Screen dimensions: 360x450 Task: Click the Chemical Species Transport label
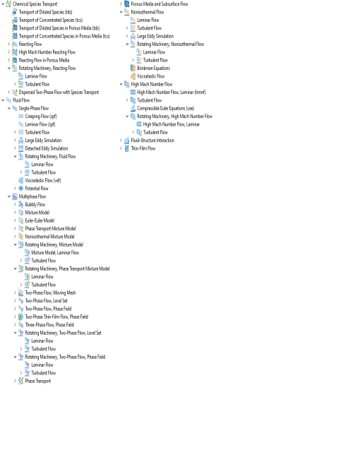click(x=35, y=4)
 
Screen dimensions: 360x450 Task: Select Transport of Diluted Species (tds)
click(x=45, y=12)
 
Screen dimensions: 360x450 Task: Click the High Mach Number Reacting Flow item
click(x=47, y=52)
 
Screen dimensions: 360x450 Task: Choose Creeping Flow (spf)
click(x=41, y=117)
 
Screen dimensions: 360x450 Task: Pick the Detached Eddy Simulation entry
click(x=47, y=148)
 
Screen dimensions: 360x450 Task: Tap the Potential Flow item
click(x=37, y=189)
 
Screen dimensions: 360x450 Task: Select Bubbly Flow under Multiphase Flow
click(x=35, y=205)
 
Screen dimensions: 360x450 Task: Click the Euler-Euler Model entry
click(x=40, y=220)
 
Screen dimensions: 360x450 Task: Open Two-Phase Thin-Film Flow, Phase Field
click(x=56, y=316)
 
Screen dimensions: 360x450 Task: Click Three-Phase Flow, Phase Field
click(x=49, y=325)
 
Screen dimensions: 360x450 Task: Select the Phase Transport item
click(x=38, y=381)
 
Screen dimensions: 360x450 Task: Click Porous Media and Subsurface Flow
click(x=160, y=4)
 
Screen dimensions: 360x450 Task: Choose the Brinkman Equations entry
click(x=153, y=69)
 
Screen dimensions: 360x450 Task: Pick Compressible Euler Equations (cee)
click(x=165, y=108)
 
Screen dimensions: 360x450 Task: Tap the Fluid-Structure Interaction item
click(x=152, y=141)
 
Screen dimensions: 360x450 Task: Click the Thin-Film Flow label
click(x=143, y=148)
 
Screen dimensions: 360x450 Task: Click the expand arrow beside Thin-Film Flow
click(x=121, y=148)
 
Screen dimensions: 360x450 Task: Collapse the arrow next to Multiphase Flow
click(x=9, y=196)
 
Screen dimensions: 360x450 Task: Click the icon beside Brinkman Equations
click(x=133, y=68)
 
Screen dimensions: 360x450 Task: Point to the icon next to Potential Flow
click(x=20, y=189)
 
